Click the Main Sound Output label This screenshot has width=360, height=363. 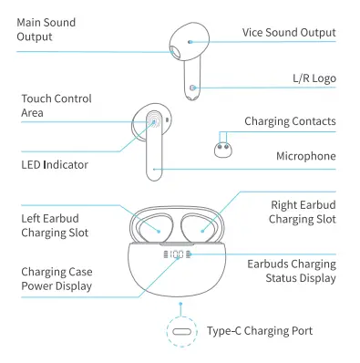[46, 29]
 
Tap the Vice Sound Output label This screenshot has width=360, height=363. [288, 33]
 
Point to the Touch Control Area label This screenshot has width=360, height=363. [55, 105]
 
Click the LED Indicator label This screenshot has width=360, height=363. [55, 165]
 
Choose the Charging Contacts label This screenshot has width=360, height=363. [290, 121]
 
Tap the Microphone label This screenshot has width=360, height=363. [306, 156]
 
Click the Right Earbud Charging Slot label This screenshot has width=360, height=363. [303, 212]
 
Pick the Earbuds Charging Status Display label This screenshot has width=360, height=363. [292, 270]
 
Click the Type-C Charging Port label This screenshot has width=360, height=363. [259, 331]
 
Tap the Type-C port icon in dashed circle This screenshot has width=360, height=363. [181, 331]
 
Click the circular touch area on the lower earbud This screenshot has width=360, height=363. [154, 120]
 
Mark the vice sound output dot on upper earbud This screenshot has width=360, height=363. [190, 41]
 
